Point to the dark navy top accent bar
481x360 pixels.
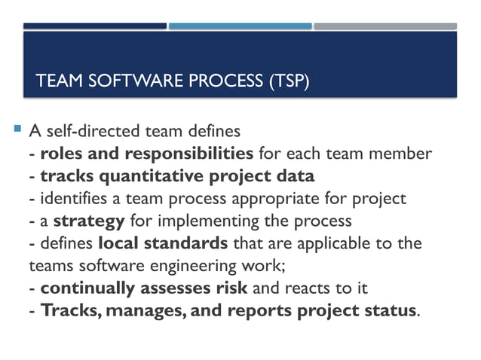pyautogui.click(x=94, y=26)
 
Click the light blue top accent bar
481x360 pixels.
pyautogui.click(x=240, y=26)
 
